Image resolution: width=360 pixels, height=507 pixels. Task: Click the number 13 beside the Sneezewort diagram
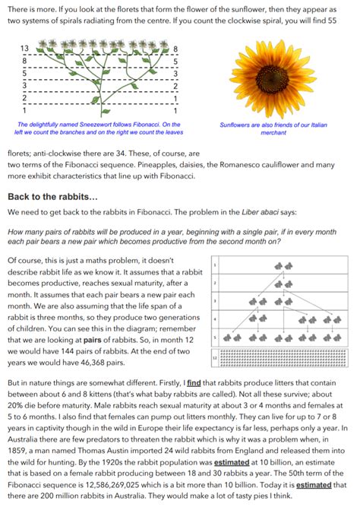[x=24, y=49]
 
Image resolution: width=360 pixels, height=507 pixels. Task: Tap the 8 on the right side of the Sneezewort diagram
[x=176, y=49]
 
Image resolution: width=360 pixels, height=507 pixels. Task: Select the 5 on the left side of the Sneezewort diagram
[x=24, y=74]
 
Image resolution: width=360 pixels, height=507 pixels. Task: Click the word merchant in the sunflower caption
[x=270, y=132]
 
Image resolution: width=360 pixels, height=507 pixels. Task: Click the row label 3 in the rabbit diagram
[x=216, y=302]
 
